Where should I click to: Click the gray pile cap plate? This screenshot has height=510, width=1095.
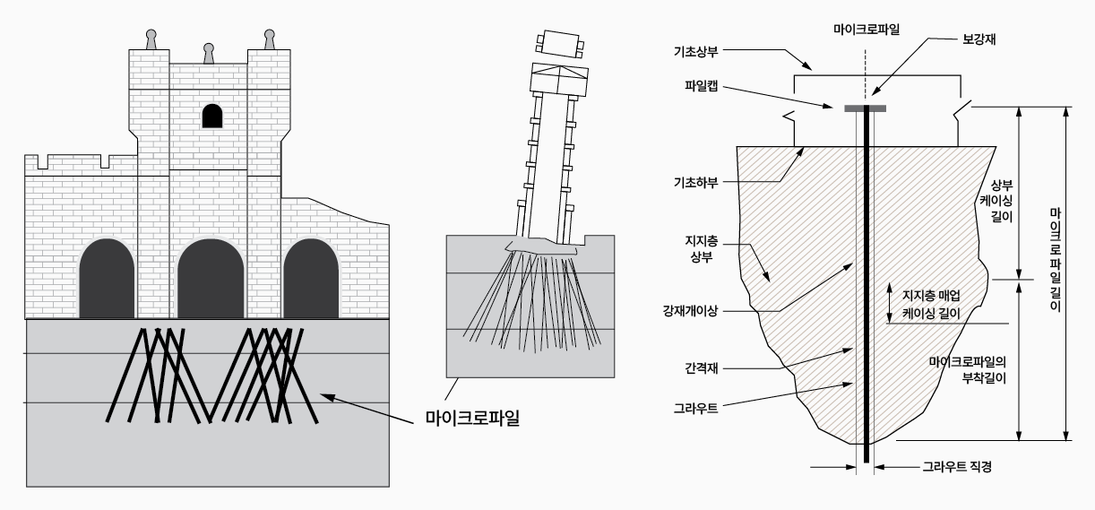coord(866,108)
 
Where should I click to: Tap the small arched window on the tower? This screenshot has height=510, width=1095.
coord(211,116)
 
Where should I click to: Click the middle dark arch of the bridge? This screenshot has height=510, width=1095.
coord(211,280)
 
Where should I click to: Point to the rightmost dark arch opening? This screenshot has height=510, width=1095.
coord(311,280)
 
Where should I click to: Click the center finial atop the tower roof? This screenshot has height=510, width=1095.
coord(209,54)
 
